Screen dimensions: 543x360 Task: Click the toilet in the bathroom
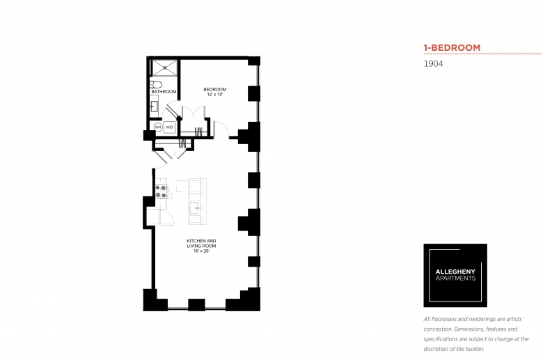tap(156, 84)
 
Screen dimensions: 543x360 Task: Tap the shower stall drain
tap(165, 68)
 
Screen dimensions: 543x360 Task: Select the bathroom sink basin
tap(154, 107)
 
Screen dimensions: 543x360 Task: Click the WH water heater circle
tap(158, 127)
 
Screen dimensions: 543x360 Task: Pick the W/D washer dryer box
tap(169, 127)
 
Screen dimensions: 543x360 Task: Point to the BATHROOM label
tap(164, 91)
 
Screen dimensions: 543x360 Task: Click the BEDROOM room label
tap(214, 89)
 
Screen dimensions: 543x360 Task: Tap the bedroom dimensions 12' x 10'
tap(214, 94)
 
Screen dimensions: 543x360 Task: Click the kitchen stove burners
tap(160, 191)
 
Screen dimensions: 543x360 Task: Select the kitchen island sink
tap(196, 208)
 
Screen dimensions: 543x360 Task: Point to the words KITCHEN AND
tap(201, 241)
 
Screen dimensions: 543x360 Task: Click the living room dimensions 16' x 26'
tap(202, 251)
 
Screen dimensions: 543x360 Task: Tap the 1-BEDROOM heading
tap(452, 48)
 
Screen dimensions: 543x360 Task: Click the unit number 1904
tap(433, 64)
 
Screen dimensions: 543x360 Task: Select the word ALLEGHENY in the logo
tap(455, 272)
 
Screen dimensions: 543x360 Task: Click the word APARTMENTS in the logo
tap(455, 279)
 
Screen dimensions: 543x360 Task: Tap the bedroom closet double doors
tap(194, 111)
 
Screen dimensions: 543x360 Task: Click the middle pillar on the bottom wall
tap(196, 304)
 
